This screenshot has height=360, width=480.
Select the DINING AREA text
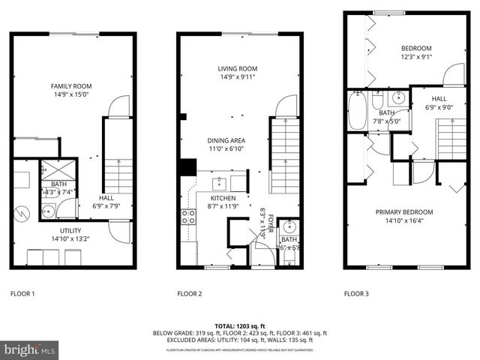[x=226, y=140]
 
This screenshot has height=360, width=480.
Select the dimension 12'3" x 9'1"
[x=417, y=57]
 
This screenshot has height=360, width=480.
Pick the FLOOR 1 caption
[x=22, y=293]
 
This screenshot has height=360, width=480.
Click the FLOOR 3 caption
[x=356, y=293]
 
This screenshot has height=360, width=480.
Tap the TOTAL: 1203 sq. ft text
[x=240, y=326]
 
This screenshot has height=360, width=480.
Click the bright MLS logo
[x=30, y=349]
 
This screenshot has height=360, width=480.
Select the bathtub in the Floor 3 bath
[x=358, y=110]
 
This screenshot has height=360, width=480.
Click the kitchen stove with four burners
[x=188, y=217]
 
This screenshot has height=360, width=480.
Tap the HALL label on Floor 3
[x=439, y=99]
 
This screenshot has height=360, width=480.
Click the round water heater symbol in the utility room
[x=23, y=213]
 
